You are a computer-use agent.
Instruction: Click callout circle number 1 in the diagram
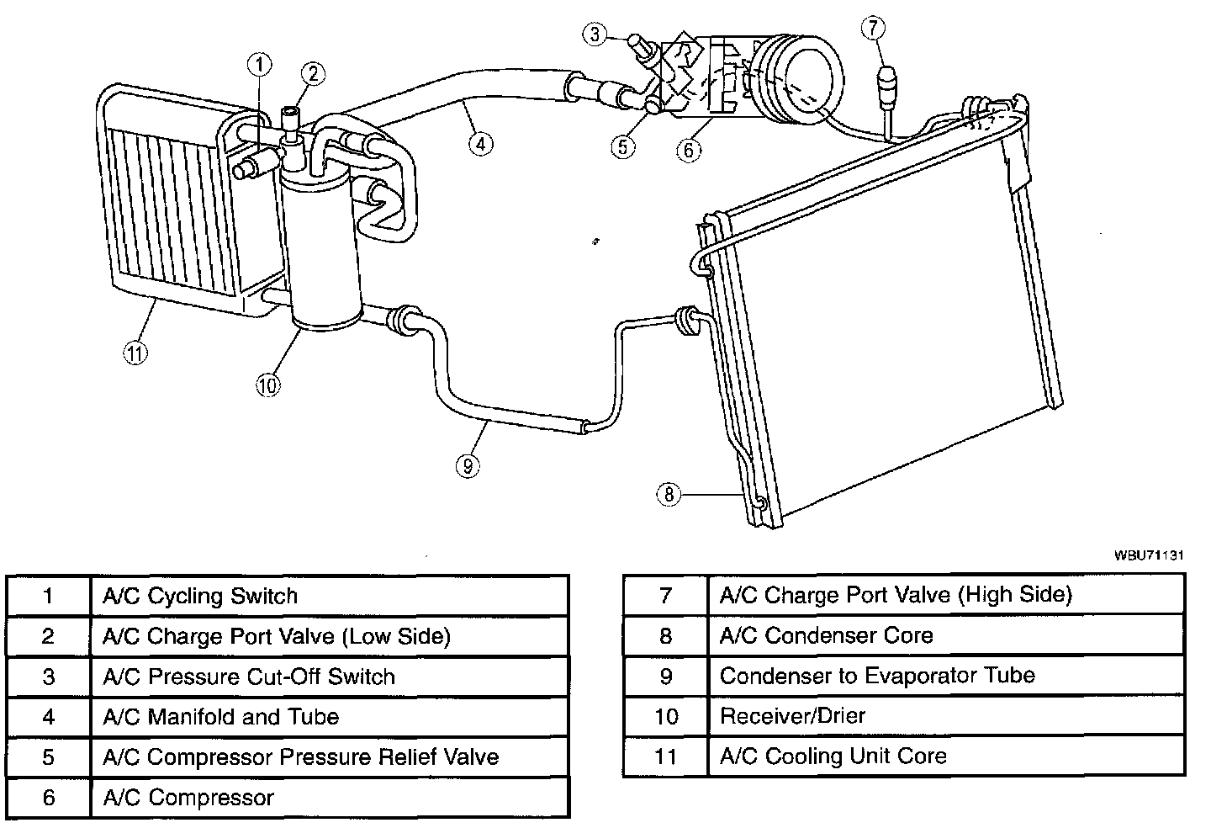[x=260, y=63]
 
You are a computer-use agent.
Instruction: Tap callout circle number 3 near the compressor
[x=595, y=34]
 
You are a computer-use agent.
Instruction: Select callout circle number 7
[x=873, y=29]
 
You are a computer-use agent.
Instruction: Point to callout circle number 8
[x=669, y=494]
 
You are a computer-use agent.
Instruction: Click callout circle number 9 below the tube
[x=468, y=464]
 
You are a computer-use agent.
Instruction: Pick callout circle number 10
[x=267, y=385]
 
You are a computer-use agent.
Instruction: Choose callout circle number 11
[x=135, y=353]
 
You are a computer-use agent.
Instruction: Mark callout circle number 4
[x=479, y=144]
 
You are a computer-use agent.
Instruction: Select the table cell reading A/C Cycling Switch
[x=200, y=597]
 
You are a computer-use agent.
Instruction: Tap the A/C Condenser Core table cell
[x=826, y=635]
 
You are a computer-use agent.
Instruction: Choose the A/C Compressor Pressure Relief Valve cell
[x=300, y=757]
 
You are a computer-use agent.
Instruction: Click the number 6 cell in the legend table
[x=48, y=798]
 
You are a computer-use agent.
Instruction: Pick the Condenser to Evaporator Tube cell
[x=877, y=676]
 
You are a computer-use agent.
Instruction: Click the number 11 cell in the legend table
[x=665, y=756]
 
